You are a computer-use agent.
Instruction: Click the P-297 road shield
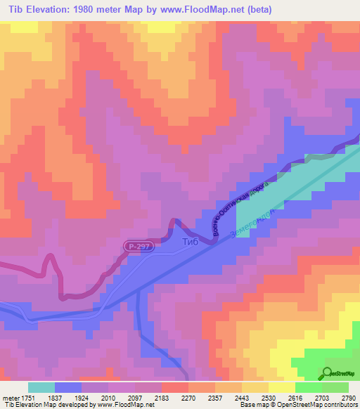tap(139, 247)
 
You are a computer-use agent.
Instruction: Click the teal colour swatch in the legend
tap(41, 387)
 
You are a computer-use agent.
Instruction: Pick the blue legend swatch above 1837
tap(68, 387)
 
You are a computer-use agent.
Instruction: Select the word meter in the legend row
tap(10, 397)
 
